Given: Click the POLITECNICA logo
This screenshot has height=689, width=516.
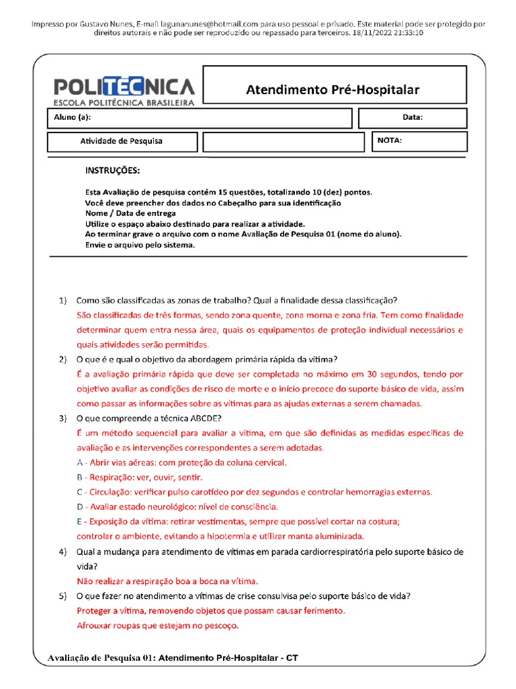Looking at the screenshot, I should (124, 90).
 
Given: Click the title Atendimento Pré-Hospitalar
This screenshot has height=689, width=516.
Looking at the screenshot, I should (333, 89).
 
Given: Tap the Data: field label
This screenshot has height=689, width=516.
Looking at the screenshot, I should (413, 118).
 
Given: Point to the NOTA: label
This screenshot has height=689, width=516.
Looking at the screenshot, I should (390, 141).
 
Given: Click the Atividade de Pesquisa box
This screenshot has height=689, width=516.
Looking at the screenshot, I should (122, 141).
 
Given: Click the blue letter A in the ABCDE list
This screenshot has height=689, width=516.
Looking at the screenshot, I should (81, 462).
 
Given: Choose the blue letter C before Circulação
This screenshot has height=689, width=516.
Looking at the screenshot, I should (81, 492).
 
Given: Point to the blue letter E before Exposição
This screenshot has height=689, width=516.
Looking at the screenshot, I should (80, 521).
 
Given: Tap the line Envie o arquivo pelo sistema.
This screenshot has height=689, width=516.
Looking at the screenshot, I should (140, 245).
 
